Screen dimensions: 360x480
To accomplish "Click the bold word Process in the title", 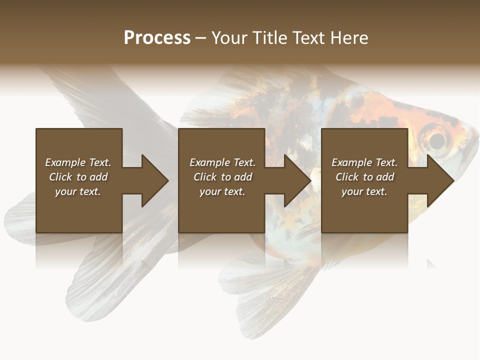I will (157, 38).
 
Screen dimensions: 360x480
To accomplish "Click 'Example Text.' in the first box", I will (78, 162).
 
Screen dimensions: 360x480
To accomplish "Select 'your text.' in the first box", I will (78, 191).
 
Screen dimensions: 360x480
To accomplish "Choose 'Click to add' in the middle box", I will (222, 177).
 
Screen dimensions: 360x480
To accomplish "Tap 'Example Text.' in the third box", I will (364, 162).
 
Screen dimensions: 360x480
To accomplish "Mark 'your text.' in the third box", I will (364, 191).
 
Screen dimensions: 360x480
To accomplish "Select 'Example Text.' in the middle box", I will (222, 162).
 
